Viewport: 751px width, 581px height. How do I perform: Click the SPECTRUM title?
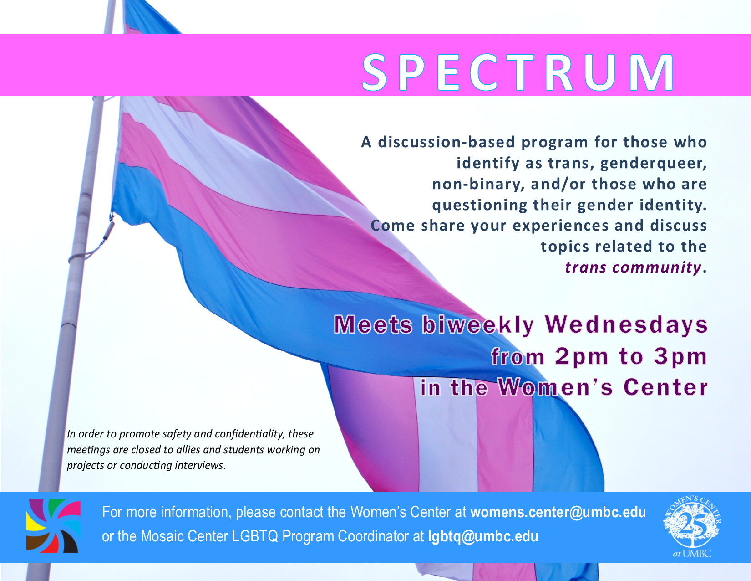[x=518, y=72]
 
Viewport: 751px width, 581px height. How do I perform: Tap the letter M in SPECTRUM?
[x=651, y=72]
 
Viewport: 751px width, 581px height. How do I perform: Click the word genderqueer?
[x=654, y=164]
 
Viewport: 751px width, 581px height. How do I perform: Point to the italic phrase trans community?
[x=633, y=267]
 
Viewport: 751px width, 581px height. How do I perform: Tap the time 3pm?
[x=680, y=356]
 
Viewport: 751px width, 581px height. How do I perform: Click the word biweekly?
[x=478, y=326]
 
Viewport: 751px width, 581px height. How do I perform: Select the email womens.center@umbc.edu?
[x=558, y=512]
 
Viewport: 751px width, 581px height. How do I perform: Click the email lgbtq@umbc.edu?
[x=483, y=537]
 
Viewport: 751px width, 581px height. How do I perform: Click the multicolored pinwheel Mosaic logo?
[x=54, y=525]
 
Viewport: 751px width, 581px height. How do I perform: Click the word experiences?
[x=561, y=226]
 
